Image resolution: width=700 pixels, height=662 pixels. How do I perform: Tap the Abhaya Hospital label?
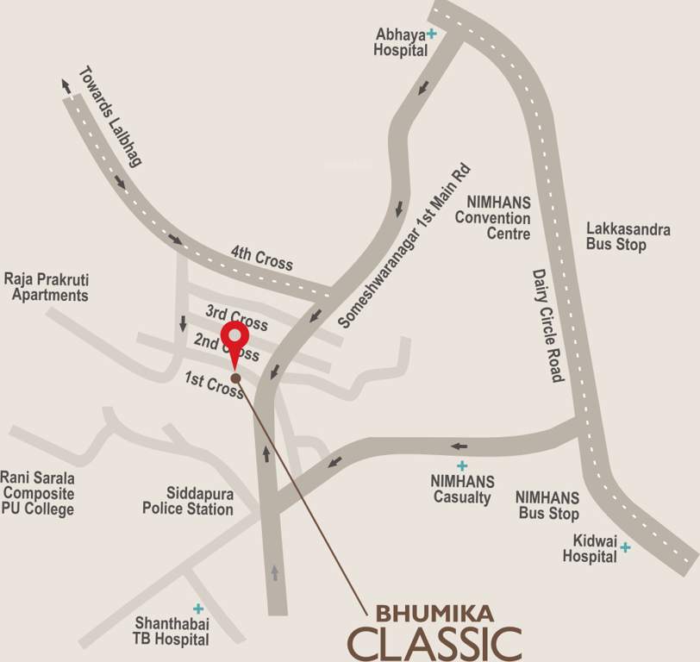pyautogui.click(x=401, y=42)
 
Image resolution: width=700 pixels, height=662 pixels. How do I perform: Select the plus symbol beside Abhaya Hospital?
pyautogui.click(x=432, y=34)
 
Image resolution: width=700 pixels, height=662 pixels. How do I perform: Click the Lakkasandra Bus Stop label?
pyautogui.click(x=628, y=236)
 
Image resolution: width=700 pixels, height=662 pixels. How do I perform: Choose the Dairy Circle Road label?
pyautogui.click(x=547, y=325)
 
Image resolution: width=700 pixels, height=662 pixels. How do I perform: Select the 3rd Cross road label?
pyautogui.click(x=236, y=316)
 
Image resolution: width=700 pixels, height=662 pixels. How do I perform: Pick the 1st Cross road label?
pyautogui.click(x=215, y=385)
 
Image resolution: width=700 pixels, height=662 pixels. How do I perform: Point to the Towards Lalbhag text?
pyautogui.click(x=109, y=116)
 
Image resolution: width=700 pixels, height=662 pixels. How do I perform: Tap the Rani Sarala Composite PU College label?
pyautogui.click(x=37, y=493)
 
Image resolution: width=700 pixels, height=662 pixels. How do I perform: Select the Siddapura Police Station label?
pyautogui.click(x=188, y=501)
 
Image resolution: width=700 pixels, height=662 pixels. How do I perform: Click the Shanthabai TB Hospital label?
pyautogui.click(x=172, y=631)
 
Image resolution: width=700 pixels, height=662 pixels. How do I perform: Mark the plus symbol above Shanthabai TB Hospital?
pyautogui.click(x=197, y=608)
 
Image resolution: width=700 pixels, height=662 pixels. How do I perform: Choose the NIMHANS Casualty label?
pyautogui.click(x=462, y=489)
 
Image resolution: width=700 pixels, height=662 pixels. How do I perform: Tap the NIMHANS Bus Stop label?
pyautogui.click(x=547, y=505)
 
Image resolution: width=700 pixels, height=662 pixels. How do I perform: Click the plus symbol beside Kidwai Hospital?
pyautogui.click(x=625, y=546)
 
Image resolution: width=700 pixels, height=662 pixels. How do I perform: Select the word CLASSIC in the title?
pyautogui.click(x=435, y=643)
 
